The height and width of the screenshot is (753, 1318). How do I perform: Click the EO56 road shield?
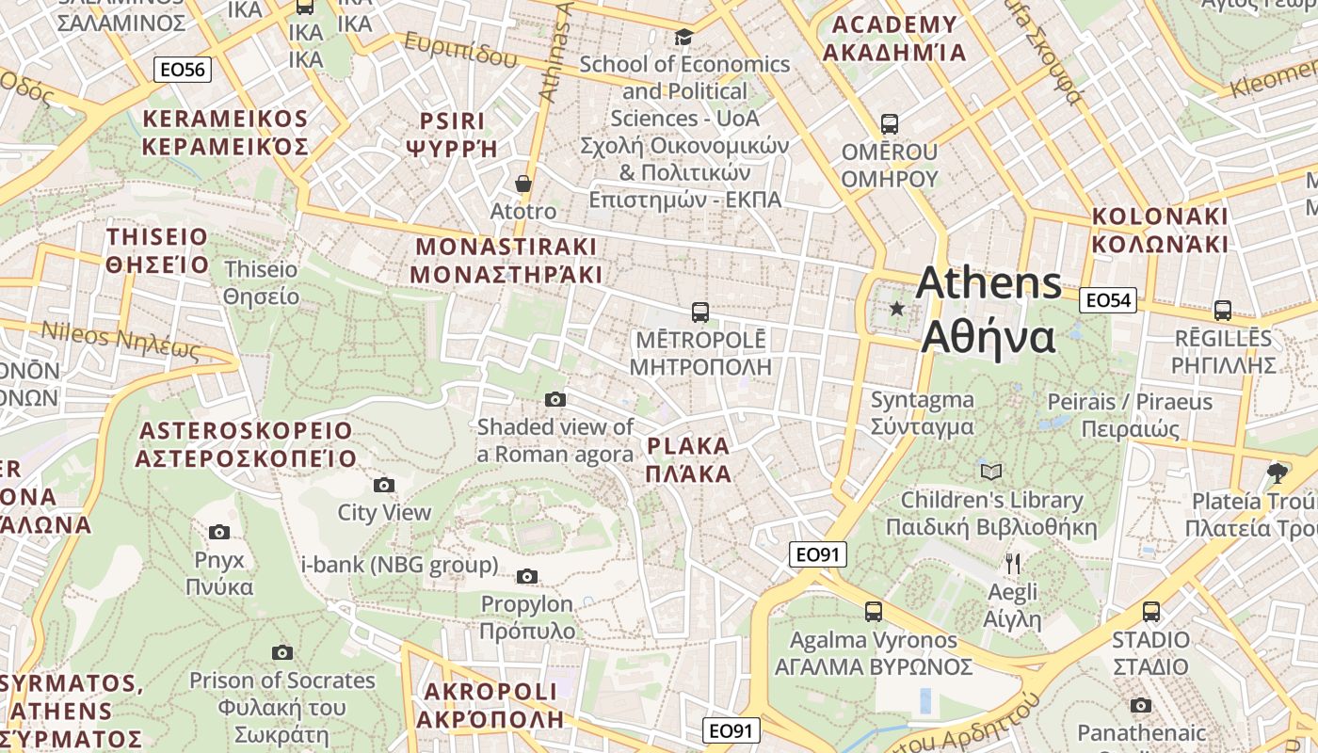pyautogui.click(x=183, y=69)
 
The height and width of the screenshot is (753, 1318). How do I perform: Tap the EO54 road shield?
pyautogui.click(x=1107, y=300)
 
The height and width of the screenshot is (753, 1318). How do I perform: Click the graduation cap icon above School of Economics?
pyautogui.click(x=683, y=37)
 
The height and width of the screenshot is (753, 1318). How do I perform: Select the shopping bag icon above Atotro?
pyautogui.click(x=522, y=184)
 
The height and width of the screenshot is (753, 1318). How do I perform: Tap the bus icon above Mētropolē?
pyautogui.click(x=699, y=312)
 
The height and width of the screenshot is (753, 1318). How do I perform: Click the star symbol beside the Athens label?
pyautogui.click(x=896, y=309)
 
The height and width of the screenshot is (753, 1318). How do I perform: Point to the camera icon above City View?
pyautogui.click(x=383, y=485)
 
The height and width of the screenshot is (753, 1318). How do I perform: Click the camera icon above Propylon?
pyautogui.click(x=527, y=576)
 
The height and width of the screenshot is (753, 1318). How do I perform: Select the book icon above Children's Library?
pyautogui.click(x=990, y=472)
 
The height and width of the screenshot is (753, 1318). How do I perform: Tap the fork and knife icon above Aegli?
pyautogui.click(x=1013, y=564)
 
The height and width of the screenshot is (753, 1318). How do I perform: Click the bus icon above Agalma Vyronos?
pyautogui.click(x=874, y=612)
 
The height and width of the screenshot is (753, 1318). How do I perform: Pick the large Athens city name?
pyautogui.click(x=988, y=311)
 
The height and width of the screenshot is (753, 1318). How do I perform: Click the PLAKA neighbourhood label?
pyautogui.click(x=688, y=459)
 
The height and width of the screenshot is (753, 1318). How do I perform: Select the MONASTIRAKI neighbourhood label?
pyautogui.click(x=506, y=261)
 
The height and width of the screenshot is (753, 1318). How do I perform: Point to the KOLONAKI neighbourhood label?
pyautogui.click(x=1160, y=230)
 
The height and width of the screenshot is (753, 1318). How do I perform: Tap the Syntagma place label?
pyautogui.click(x=922, y=412)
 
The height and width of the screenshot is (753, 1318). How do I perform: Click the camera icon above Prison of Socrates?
pyautogui.click(x=281, y=652)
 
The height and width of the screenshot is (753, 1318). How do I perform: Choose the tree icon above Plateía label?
pyautogui.click(x=1278, y=472)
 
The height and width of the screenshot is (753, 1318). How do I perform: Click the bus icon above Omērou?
pyautogui.click(x=889, y=123)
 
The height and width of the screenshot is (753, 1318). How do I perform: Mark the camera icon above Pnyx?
pyautogui.click(x=219, y=532)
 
